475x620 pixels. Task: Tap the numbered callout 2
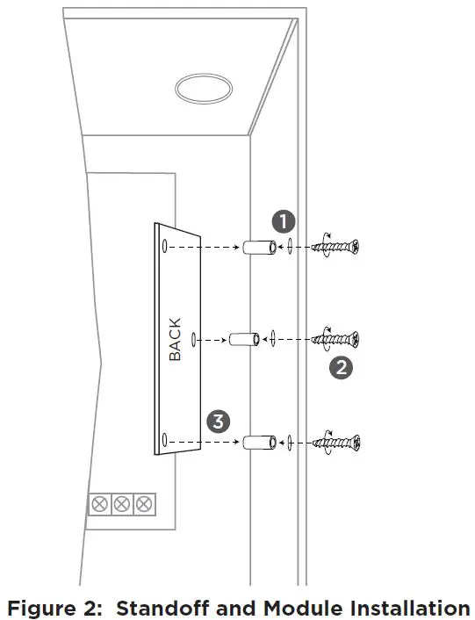(x=340, y=367)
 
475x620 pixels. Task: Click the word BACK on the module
(x=175, y=339)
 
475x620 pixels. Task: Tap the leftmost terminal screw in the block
(x=101, y=504)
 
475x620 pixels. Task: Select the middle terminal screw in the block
(x=122, y=504)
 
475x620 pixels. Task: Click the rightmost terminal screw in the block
(x=143, y=504)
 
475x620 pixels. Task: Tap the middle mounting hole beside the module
(x=194, y=338)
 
